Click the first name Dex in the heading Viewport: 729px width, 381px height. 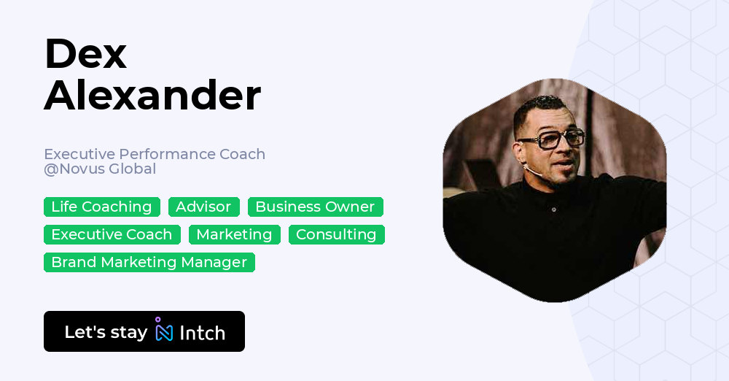pyautogui.click(x=85, y=54)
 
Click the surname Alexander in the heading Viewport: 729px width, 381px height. pyautogui.click(x=152, y=96)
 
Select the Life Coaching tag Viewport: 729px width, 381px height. pyautogui.click(x=101, y=207)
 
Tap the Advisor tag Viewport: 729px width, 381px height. pyautogui.click(x=203, y=207)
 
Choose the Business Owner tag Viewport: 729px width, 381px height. pyautogui.click(x=315, y=207)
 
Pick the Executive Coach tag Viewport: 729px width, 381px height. pyautogui.click(x=112, y=235)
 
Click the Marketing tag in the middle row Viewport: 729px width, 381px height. pyautogui.click(x=234, y=235)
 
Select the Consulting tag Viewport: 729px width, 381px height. pyautogui.click(x=336, y=235)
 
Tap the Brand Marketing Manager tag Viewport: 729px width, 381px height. pyautogui.click(x=149, y=263)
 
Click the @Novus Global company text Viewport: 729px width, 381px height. pyautogui.click(x=100, y=169)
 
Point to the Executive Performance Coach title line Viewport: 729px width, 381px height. pyautogui.click(x=155, y=154)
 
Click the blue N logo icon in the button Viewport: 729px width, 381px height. pyautogui.click(x=164, y=331)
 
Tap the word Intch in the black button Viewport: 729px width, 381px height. pyautogui.click(x=202, y=333)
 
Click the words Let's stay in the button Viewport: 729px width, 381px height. pyautogui.click(x=106, y=332)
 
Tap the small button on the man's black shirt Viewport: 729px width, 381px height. pyautogui.click(x=554, y=210)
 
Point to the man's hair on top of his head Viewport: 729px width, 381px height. pyautogui.click(x=543, y=102)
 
